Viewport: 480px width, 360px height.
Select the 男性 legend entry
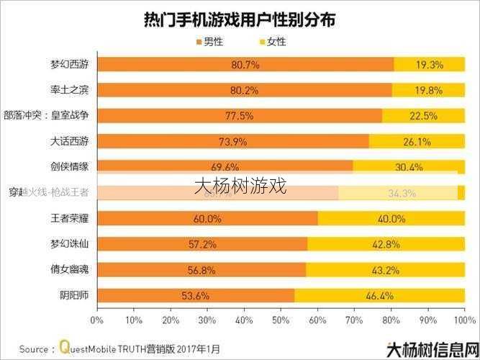click(209, 42)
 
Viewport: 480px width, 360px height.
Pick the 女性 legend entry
click(271, 42)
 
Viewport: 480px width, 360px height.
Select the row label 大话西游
click(70, 141)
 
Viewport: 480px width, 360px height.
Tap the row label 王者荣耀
click(70, 218)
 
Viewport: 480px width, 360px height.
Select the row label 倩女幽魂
click(70, 269)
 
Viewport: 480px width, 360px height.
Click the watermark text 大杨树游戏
click(240, 186)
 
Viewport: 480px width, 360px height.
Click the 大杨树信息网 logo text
click(432, 348)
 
